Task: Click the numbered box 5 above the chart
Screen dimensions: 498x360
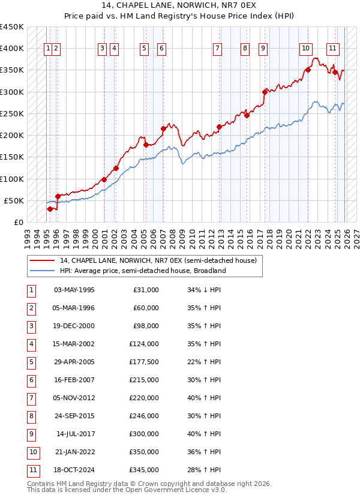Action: tap(145, 49)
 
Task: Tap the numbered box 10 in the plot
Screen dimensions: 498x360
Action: tap(305, 49)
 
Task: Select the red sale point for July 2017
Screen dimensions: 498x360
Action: tap(265, 92)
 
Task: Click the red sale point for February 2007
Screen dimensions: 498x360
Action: tap(163, 128)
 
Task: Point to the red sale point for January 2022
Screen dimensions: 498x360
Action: tap(308, 70)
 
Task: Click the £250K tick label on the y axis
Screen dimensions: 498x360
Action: tap(12, 113)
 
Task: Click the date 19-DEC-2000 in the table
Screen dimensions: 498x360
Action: tap(74, 326)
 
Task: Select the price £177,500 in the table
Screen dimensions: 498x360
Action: tap(143, 362)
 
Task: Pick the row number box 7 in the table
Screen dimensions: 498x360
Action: tap(31, 398)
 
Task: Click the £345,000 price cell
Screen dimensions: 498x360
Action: tap(143, 470)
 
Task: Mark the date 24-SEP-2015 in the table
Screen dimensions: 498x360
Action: tap(74, 416)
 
